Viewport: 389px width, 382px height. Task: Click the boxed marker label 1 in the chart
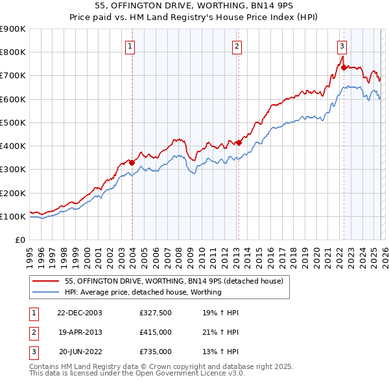click(131, 46)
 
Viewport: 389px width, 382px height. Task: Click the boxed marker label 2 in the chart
click(237, 46)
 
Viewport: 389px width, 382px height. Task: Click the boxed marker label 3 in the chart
click(342, 46)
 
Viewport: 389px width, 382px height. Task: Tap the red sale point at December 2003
click(132, 163)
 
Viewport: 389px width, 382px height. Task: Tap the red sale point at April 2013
click(239, 142)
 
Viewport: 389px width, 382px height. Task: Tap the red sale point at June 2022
click(343, 67)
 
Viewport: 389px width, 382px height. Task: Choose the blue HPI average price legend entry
click(143, 292)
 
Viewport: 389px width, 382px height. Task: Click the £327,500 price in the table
click(155, 313)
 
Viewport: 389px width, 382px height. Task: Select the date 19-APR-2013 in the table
click(80, 332)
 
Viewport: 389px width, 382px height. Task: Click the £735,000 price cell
click(155, 352)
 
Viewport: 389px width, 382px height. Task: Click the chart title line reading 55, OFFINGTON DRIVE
click(194, 6)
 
